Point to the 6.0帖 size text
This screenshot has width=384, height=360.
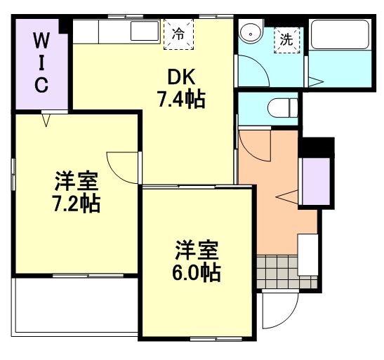[x=197, y=272]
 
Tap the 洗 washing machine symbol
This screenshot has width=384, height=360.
[x=286, y=39]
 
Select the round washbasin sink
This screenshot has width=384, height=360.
[x=249, y=33]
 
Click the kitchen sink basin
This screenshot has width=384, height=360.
[x=145, y=32]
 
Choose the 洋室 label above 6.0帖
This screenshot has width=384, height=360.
[x=197, y=248]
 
